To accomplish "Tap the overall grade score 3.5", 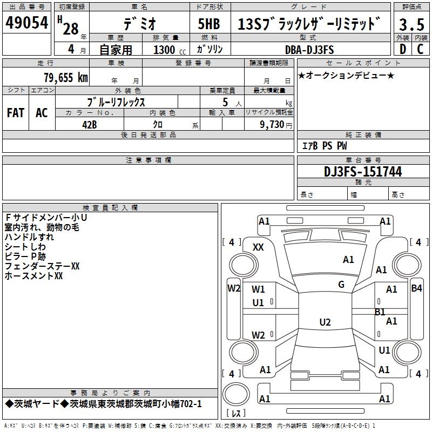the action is click(x=411, y=24).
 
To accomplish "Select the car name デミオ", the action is click(x=138, y=24).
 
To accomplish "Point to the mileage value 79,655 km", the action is click(x=65, y=77).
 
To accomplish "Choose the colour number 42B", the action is click(x=89, y=124).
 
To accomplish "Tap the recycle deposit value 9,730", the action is click(x=274, y=124).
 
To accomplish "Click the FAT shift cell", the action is click(x=15, y=113).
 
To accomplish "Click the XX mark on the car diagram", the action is click(x=258, y=247).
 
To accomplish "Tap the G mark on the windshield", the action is click(x=341, y=285).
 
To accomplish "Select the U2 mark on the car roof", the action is click(x=325, y=322).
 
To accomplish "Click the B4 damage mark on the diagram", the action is click(x=416, y=288).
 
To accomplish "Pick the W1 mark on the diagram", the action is click(x=258, y=289).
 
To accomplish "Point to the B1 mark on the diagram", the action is click(x=380, y=312).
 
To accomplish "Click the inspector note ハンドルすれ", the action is click(x=29, y=237).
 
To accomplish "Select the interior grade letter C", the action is click(x=420, y=49).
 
